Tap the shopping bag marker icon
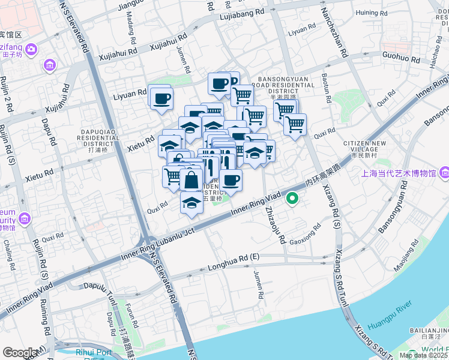(x=191, y=180)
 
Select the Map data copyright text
(x=423, y=355)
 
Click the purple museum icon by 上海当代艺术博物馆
(x=444, y=173)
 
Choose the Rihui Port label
(x=94, y=352)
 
